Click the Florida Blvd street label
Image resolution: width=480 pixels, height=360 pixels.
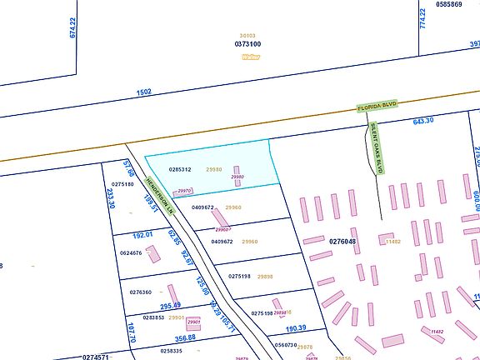coord(377,107)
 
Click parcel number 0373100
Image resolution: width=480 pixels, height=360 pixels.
coord(247,43)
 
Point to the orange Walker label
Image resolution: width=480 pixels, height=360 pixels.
coord(250,57)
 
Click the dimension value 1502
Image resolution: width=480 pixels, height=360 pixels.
coord(145,93)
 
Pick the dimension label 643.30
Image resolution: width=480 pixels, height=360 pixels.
coord(423,121)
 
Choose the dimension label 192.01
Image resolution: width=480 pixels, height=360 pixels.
coord(144,235)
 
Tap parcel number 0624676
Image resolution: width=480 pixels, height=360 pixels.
coord(132,252)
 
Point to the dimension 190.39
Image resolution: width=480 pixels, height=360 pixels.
coord(297,328)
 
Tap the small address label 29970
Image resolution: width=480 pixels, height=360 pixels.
coord(185,191)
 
